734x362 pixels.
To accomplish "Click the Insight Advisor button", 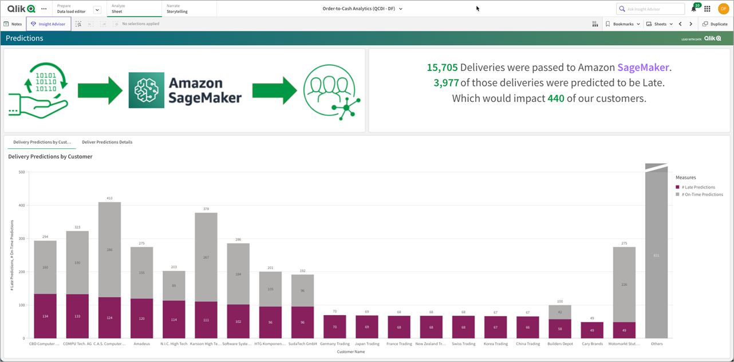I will (x=49, y=24).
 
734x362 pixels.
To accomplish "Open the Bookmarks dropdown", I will (x=623, y=24).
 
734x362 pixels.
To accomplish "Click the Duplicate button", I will (x=715, y=24).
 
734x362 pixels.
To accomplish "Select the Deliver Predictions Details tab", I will (x=107, y=142).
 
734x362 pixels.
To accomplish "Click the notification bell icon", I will (x=694, y=9).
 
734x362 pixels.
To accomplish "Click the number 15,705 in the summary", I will (x=442, y=68).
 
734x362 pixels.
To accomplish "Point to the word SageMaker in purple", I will (x=643, y=68).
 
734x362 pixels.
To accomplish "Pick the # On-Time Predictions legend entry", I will (x=702, y=195).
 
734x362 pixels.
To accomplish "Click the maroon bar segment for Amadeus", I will (x=141, y=318).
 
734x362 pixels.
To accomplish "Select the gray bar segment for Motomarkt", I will (x=624, y=284).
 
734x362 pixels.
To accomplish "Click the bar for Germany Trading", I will (x=335, y=326).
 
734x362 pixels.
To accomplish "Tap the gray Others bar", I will (x=656, y=255).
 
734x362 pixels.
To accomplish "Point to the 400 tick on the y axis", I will (x=22, y=205).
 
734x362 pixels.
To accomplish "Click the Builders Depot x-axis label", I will (x=560, y=344).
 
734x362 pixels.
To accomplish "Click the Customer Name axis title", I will (x=351, y=352).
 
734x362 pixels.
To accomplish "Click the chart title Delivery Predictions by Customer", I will (x=50, y=156).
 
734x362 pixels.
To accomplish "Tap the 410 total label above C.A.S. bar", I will (x=109, y=198).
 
